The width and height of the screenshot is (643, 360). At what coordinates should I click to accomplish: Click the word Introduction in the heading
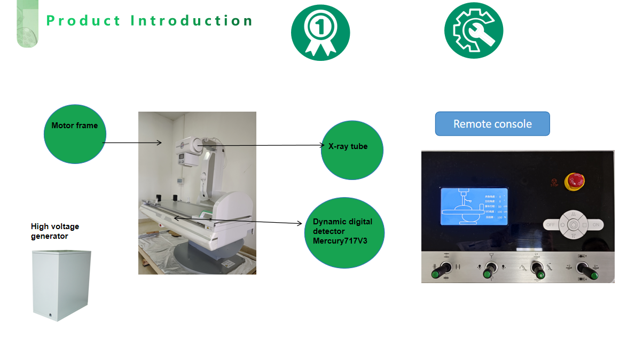click(192, 21)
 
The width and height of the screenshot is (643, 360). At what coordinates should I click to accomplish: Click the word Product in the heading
click(84, 21)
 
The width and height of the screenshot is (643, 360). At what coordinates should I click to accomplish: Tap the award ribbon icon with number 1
click(320, 32)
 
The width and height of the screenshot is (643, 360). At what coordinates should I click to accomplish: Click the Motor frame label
click(74, 126)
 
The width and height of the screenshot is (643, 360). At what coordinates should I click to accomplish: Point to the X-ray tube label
click(348, 146)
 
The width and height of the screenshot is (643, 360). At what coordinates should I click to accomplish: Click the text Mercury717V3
click(340, 241)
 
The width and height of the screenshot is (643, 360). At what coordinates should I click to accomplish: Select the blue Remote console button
click(492, 124)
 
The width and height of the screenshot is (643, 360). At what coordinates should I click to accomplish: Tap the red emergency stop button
click(575, 181)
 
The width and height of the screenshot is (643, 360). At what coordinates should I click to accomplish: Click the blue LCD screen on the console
click(474, 206)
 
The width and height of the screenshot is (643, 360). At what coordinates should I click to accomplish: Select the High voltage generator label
click(55, 231)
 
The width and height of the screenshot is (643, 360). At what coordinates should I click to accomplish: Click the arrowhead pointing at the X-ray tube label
click(322, 145)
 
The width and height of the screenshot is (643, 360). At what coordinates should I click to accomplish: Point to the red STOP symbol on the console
click(555, 182)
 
